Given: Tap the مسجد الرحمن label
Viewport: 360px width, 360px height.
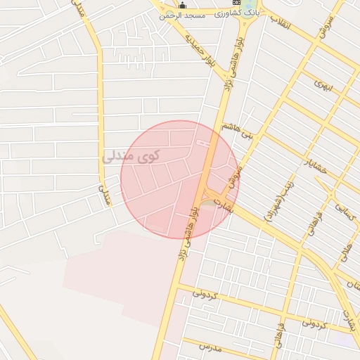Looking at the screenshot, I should point(181,15).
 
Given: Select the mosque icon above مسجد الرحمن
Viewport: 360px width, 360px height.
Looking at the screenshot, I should point(182,5).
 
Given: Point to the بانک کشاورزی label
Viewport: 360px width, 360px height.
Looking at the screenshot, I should point(257,13).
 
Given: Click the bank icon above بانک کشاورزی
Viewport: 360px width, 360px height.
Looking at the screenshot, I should point(256,4).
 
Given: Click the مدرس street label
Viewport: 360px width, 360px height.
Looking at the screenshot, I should point(210,347).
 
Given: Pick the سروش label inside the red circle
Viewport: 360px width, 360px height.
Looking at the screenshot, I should point(235,176).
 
